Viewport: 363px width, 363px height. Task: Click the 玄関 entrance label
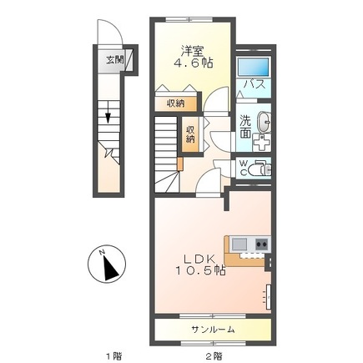pyautogui.click(x=113, y=60)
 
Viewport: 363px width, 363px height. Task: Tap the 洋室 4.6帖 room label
pyautogui.click(x=193, y=58)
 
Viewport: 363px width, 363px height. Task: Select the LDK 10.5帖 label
pyautogui.click(x=199, y=265)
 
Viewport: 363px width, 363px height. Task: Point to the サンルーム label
pyautogui.click(x=213, y=330)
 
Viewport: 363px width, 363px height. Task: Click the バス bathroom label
pyautogui.click(x=255, y=84)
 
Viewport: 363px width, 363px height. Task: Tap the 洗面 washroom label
pyautogui.click(x=246, y=127)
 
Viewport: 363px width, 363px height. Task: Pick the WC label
pyautogui.click(x=244, y=168)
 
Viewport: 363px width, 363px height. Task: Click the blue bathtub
pyautogui.click(x=253, y=66)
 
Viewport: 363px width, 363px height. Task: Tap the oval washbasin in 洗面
pyautogui.click(x=264, y=123)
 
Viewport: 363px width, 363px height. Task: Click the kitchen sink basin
pyautogui.click(x=239, y=245)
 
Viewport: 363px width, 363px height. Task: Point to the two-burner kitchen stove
pyautogui.click(x=262, y=245)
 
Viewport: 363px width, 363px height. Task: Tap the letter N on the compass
pyautogui.click(x=102, y=252)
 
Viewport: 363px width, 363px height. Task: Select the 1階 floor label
pyautogui.click(x=113, y=355)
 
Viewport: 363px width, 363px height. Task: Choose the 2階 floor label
pyautogui.click(x=214, y=355)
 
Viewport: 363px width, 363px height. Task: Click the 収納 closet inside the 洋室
pyautogui.click(x=176, y=103)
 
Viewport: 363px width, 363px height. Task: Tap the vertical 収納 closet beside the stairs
pyautogui.click(x=190, y=134)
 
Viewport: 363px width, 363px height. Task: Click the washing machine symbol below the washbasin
pyautogui.click(x=262, y=143)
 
